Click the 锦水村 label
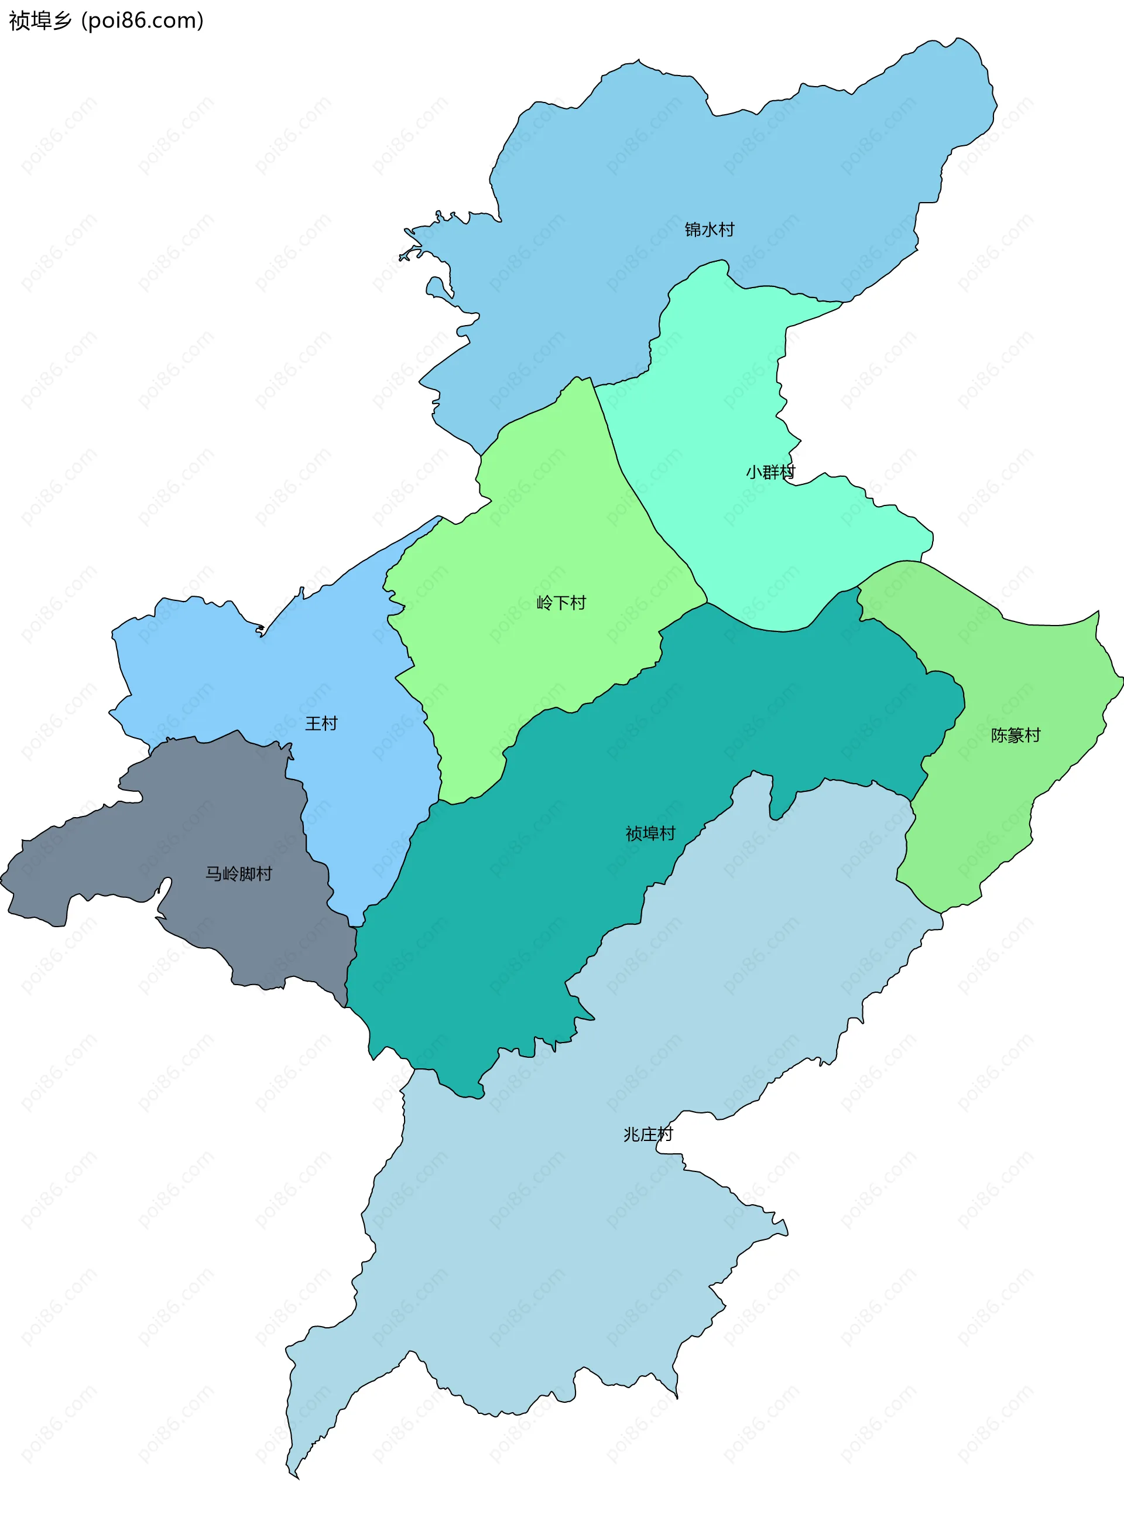pyautogui.click(x=709, y=230)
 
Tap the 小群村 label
pyautogui.click(x=770, y=471)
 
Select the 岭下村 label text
pyautogui.click(x=561, y=602)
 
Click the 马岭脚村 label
pyautogui.click(x=238, y=873)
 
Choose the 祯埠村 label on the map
pyautogui.click(x=650, y=833)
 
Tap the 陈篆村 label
pyautogui.click(x=1015, y=735)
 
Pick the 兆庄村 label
pyautogui.click(x=647, y=1134)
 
